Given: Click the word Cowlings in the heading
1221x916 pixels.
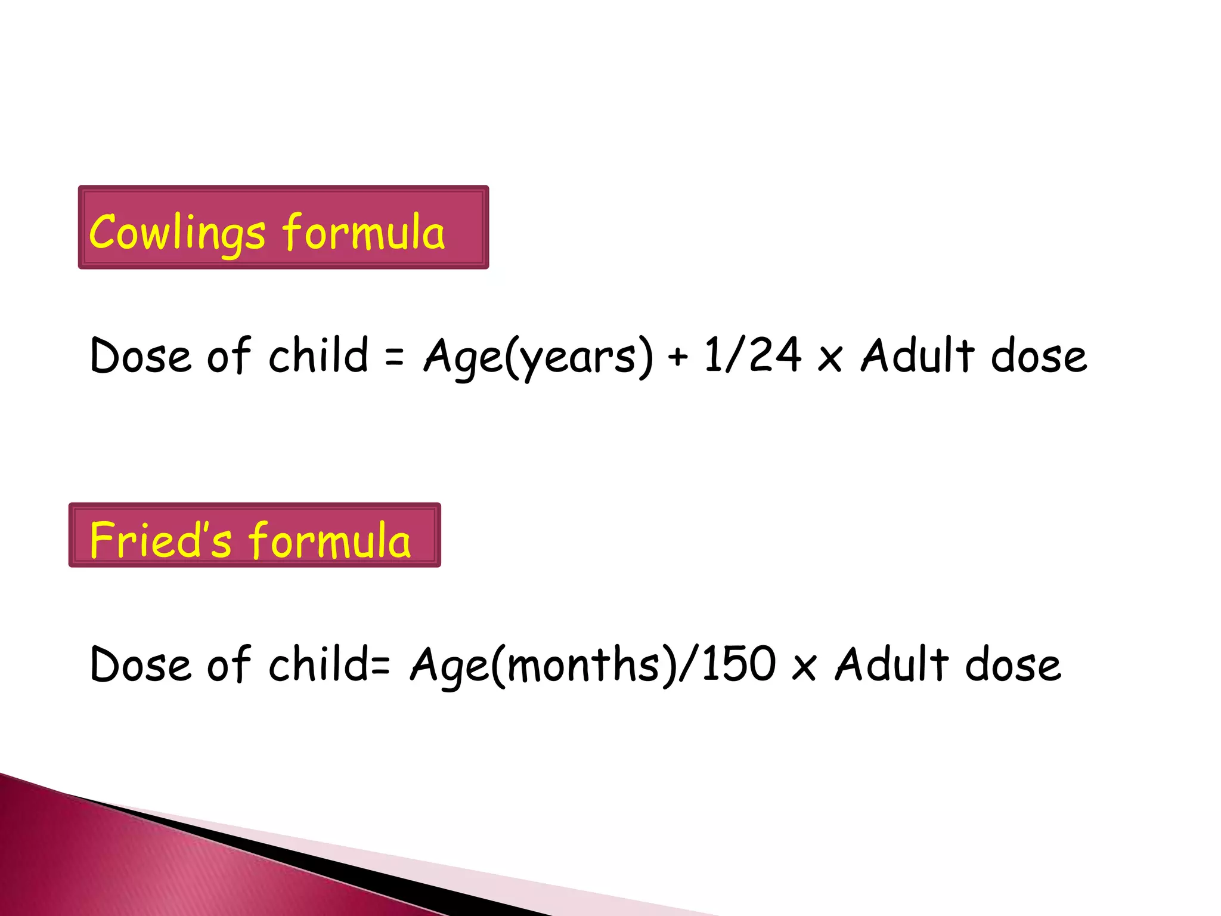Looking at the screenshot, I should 177,233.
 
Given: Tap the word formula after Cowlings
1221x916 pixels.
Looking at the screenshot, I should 364,232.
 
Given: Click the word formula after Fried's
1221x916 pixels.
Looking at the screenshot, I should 330,540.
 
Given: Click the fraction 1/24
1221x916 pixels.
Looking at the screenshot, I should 752,355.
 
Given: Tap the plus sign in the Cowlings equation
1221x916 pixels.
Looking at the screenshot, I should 678,357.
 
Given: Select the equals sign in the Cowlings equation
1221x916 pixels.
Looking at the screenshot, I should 394,357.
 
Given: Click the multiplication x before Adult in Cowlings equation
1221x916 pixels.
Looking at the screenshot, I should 830,358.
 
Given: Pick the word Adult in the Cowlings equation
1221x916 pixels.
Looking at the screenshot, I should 918,355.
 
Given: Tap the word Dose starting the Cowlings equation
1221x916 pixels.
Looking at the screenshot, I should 141,356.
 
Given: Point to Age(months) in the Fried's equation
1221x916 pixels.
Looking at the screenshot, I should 543,665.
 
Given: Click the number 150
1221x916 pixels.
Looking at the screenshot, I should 739,664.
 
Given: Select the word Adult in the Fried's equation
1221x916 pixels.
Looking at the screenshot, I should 891,664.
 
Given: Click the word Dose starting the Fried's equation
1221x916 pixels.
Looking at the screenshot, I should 141,664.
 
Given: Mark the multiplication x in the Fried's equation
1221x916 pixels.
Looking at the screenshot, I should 804,667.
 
